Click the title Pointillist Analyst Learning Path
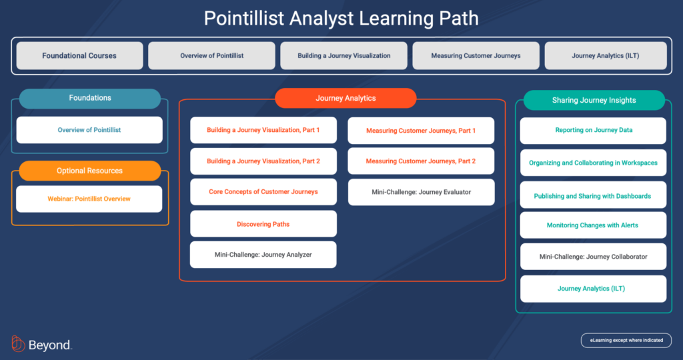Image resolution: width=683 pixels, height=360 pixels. pos(341,18)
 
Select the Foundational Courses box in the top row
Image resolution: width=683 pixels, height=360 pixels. pos(79,56)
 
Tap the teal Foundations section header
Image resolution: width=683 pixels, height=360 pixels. pos(90,98)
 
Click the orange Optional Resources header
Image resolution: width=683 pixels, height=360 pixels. pos(90,171)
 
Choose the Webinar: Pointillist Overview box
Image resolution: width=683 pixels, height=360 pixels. pos(89,199)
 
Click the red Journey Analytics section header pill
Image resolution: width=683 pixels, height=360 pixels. pos(346,98)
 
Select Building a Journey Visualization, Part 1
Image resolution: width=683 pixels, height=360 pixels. pos(263,130)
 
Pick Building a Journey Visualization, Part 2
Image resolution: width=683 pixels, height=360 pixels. pos(263,161)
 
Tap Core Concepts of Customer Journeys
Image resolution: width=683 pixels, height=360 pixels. pos(263,192)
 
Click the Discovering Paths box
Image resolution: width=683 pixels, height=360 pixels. pos(263,224)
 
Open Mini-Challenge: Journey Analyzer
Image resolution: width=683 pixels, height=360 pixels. pos(263,255)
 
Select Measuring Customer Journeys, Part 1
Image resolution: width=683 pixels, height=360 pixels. pos(421,131)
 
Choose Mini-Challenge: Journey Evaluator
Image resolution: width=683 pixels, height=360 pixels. pos(421,192)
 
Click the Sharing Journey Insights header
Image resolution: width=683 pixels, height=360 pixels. pos(594,100)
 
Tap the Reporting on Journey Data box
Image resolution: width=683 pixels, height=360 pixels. pos(594,131)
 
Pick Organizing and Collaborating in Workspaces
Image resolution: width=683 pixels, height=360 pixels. pos(594,163)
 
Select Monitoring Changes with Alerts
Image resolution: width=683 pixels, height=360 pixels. pos(593,225)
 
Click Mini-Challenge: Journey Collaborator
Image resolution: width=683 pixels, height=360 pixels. pos(594,257)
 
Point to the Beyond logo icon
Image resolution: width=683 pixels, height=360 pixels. pos(18,344)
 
